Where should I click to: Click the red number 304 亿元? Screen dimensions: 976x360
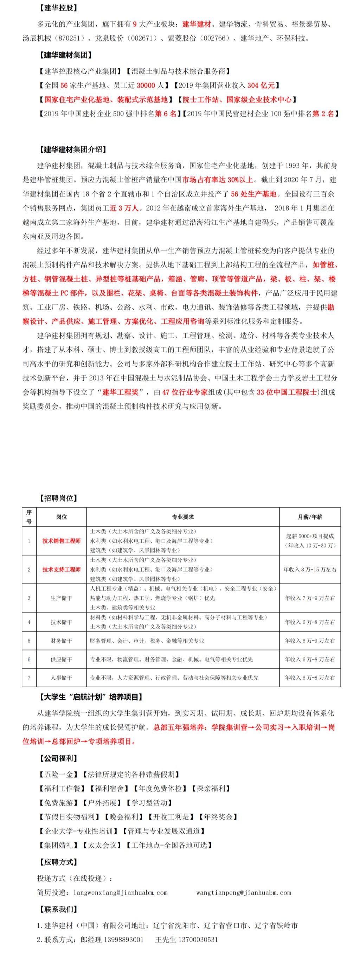click(x=261, y=86)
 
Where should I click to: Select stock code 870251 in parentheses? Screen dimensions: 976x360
click(x=69, y=38)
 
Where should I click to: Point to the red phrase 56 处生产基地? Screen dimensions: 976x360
click(x=253, y=194)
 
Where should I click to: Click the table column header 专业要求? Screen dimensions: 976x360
click(x=183, y=517)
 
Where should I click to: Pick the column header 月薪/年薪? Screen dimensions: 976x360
click(x=310, y=517)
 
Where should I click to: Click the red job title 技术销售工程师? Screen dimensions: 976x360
click(x=62, y=541)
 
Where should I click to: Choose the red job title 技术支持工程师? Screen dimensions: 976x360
click(x=62, y=570)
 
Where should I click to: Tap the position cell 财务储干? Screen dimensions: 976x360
click(x=62, y=641)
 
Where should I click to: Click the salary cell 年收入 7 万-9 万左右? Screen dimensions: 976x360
click(x=310, y=598)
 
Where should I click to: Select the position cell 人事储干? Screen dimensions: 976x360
click(x=62, y=678)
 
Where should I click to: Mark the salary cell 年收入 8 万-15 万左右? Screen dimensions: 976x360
click(x=310, y=570)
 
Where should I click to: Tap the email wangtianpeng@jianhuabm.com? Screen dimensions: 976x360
click(x=243, y=893)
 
